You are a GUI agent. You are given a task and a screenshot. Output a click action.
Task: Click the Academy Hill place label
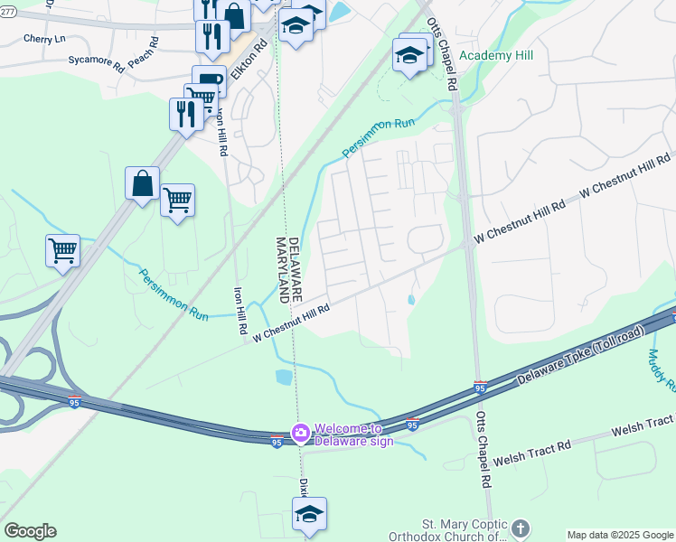(x=496, y=55)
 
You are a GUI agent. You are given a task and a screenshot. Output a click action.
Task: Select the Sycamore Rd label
(x=95, y=61)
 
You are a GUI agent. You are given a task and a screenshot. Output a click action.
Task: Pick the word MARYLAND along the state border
(x=280, y=269)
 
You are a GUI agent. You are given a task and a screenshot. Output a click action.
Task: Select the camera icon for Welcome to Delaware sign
(x=300, y=435)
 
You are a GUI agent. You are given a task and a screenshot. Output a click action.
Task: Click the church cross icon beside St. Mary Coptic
(x=520, y=528)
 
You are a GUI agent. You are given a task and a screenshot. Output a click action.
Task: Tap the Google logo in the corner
(x=30, y=531)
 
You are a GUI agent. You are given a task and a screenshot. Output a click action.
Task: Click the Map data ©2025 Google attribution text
(x=619, y=535)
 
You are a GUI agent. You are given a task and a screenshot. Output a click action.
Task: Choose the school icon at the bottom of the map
(x=309, y=514)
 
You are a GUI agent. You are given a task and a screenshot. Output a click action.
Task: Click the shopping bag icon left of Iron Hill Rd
(x=142, y=183)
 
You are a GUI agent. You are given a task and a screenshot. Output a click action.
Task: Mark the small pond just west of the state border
(x=284, y=377)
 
